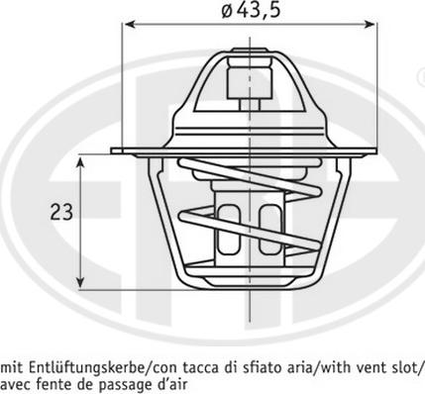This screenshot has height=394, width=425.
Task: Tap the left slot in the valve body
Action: (x=226, y=226)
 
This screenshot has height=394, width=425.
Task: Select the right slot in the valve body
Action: (x=265, y=226)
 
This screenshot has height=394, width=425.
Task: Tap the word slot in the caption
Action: (x=404, y=365)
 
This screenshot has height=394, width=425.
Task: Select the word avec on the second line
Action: (x=15, y=382)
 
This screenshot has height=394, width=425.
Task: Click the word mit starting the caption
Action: (x=14, y=365)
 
